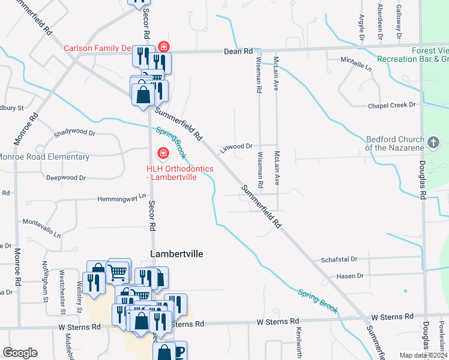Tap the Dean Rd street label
coord(239,52)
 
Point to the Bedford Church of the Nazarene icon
coord(434,143)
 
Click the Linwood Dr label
coord(236,146)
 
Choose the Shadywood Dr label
coord(74,132)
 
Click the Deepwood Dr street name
coord(66,178)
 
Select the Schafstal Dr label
coord(339,259)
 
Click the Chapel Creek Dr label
coord(391,105)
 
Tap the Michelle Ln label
coord(356,61)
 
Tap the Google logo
coord(20,353)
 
